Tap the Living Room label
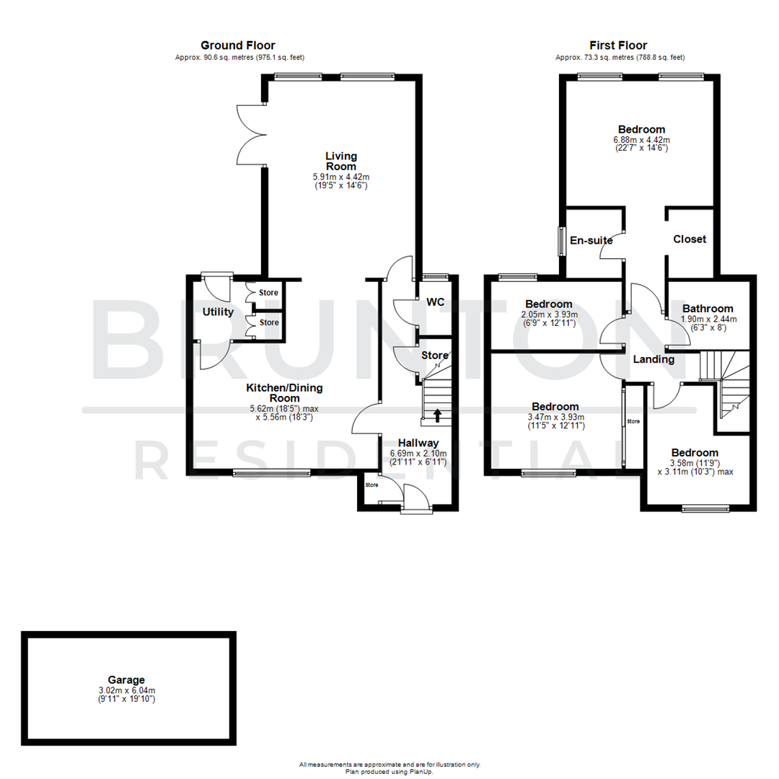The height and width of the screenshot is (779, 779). [x=341, y=161]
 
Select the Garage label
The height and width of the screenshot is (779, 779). [x=126, y=679]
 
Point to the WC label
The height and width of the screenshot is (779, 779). [x=435, y=302]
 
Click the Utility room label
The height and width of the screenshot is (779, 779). [x=218, y=312]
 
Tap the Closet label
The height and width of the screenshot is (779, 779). [x=690, y=239]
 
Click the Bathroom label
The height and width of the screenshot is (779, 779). [x=708, y=308]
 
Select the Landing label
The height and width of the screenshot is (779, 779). [x=654, y=359]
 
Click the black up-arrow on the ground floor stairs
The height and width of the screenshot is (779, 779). [x=437, y=415]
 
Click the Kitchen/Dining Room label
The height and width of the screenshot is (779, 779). [x=284, y=393]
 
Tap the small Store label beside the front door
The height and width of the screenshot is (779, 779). [x=371, y=485]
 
